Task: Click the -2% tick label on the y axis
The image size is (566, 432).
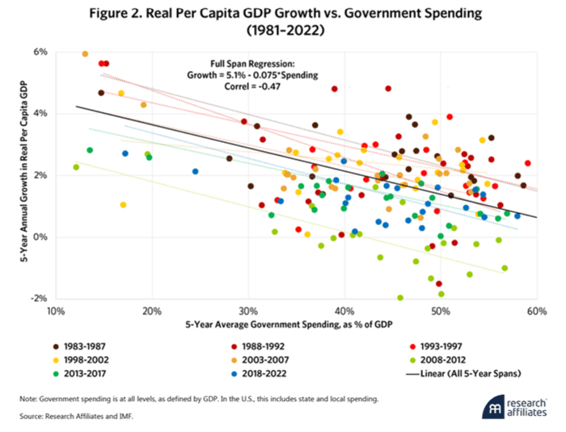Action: (38, 299)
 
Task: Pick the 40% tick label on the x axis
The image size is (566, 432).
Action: (344, 311)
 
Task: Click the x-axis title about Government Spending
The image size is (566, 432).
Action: (295, 325)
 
